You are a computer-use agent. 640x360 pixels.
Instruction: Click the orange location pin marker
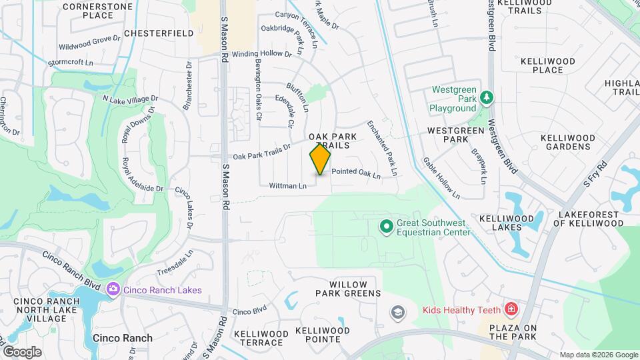[x=320, y=159]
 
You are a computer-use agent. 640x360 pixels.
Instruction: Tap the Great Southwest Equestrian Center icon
[x=386, y=227]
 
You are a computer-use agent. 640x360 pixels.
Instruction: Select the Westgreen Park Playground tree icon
[x=487, y=99]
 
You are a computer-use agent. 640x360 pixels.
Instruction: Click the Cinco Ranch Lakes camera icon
[x=113, y=289]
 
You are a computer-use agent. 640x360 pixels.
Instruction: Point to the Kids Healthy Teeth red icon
[x=511, y=310]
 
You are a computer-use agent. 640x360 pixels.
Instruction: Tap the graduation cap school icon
[x=397, y=312]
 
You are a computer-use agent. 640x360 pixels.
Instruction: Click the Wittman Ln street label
[x=288, y=185]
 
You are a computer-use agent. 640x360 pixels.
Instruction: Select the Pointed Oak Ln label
[x=355, y=173]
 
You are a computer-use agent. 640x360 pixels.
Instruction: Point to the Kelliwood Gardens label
[x=566, y=141]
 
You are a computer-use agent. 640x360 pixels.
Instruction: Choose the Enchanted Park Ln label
[x=383, y=149]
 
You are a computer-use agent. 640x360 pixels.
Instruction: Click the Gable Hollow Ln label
[x=441, y=179]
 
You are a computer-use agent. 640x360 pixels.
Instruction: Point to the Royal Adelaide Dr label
[x=143, y=175]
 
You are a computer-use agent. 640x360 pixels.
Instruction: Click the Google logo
[x=21, y=351]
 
